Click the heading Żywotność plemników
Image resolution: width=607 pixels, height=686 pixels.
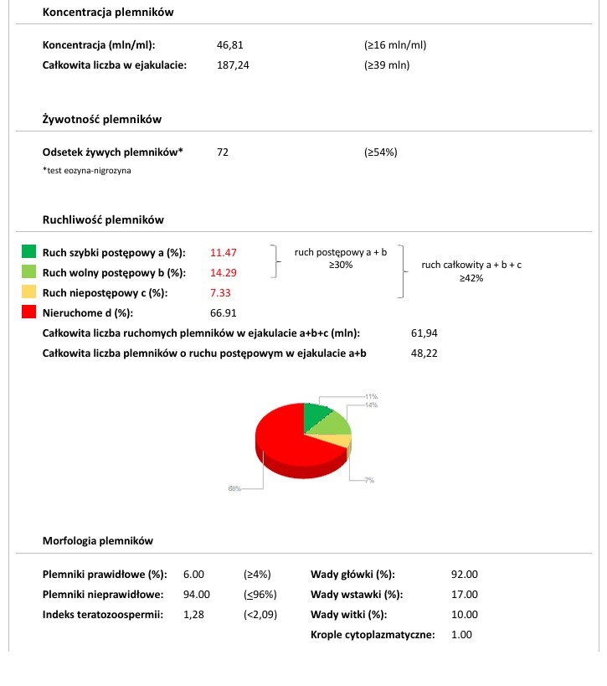pos(101,120)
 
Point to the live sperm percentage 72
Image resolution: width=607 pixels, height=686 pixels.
pos(222,152)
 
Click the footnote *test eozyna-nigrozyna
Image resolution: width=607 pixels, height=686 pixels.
pos(87,171)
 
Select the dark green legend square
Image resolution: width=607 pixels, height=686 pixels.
pos(29,251)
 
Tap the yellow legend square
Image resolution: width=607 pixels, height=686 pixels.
pos(29,292)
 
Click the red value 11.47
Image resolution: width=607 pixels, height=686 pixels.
pos(224,252)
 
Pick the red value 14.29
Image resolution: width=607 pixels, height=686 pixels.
pos(224,272)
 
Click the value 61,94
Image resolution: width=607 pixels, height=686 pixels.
pos(425,333)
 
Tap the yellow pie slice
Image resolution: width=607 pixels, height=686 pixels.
pos(339,441)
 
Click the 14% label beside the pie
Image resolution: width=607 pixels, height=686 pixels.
pos(371,405)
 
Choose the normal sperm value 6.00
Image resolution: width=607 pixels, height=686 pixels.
pos(193,575)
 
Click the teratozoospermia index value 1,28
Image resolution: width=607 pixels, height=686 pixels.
pos(193,615)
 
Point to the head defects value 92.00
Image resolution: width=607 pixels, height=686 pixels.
pos(464,575)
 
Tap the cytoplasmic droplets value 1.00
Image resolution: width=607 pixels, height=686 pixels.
pos(461,635)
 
